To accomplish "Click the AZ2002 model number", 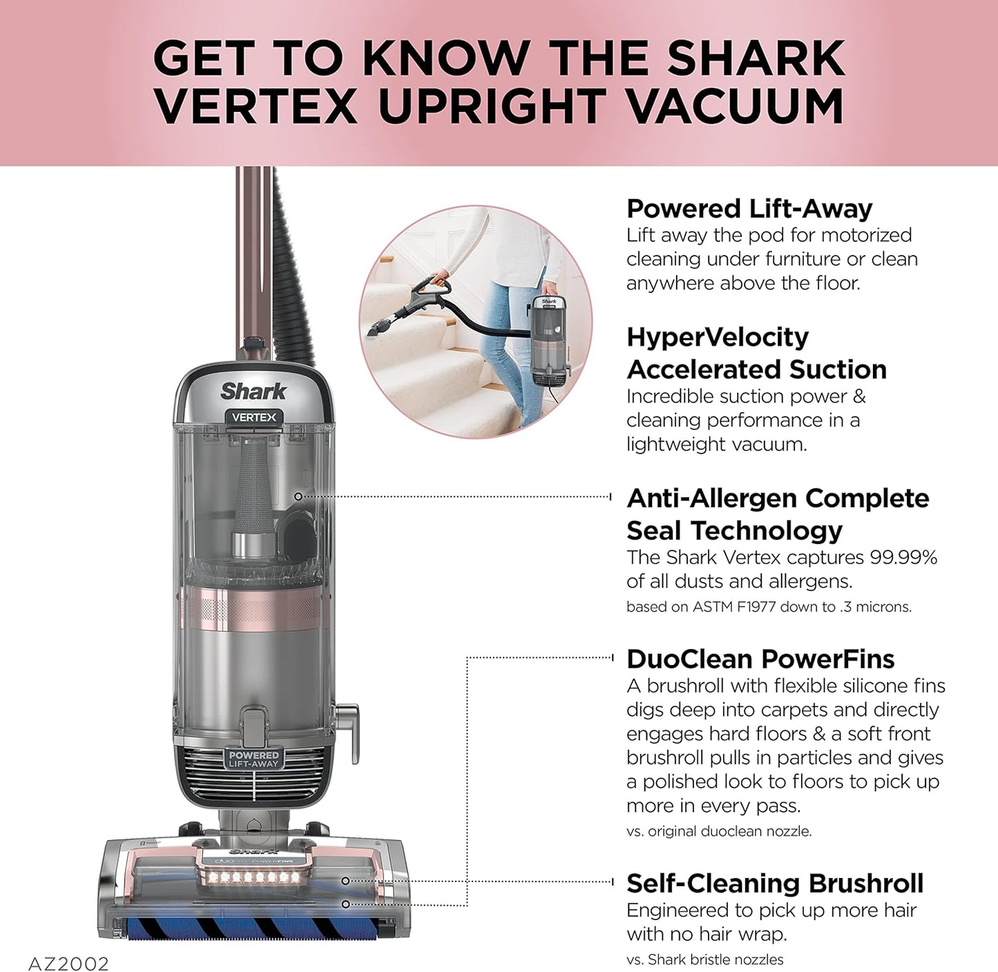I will (x=68, y=963).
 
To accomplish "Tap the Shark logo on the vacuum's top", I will (x=253, y=391).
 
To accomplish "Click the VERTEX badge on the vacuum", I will (x=253, y=418).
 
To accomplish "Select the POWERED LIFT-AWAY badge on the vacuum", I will (x=253, y=759).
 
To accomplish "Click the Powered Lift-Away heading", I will (x=749, y=209).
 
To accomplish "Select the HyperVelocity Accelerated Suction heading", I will (x=756, y=353).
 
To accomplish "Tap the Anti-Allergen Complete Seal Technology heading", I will (x=777, y=514).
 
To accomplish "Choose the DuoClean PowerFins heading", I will (x=760, y=660).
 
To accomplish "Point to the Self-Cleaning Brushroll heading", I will (x=774, y=884).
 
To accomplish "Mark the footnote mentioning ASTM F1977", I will (x=768, y=607).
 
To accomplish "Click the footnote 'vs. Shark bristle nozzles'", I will (x=704, y=960).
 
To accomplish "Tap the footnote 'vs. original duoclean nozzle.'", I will (x=718, y=832).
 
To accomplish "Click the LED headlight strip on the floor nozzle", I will (x=254, y=877).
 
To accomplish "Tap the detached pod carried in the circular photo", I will (x=549, y=339).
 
